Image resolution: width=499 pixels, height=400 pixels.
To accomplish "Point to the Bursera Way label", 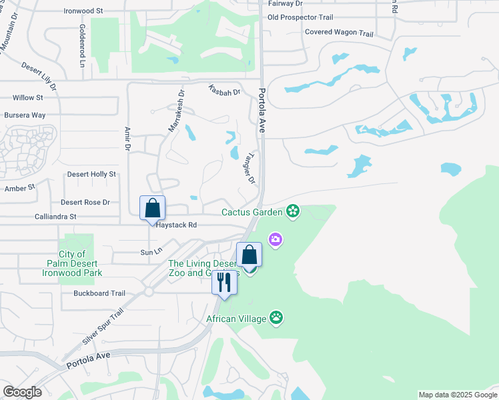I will (x=25, y=115).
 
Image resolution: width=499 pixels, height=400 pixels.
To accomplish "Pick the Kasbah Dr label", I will (x=223, y=90).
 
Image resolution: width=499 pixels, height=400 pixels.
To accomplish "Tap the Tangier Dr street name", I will (x=247, y=167).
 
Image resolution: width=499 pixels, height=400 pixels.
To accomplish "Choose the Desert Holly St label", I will (x=91, y=174).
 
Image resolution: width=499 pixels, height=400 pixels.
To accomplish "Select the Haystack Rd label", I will (x=176, y=225).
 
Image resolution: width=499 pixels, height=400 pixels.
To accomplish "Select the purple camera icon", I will (x=275, y=239).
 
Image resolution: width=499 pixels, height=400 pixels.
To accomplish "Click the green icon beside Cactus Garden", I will (x=292, y=212).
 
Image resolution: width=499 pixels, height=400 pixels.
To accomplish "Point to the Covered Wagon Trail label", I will (x=339, y=32).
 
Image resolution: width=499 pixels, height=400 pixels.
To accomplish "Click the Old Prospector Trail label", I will (x=300, y=17).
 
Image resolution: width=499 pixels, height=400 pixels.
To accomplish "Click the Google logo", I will (x=22, y=392).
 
